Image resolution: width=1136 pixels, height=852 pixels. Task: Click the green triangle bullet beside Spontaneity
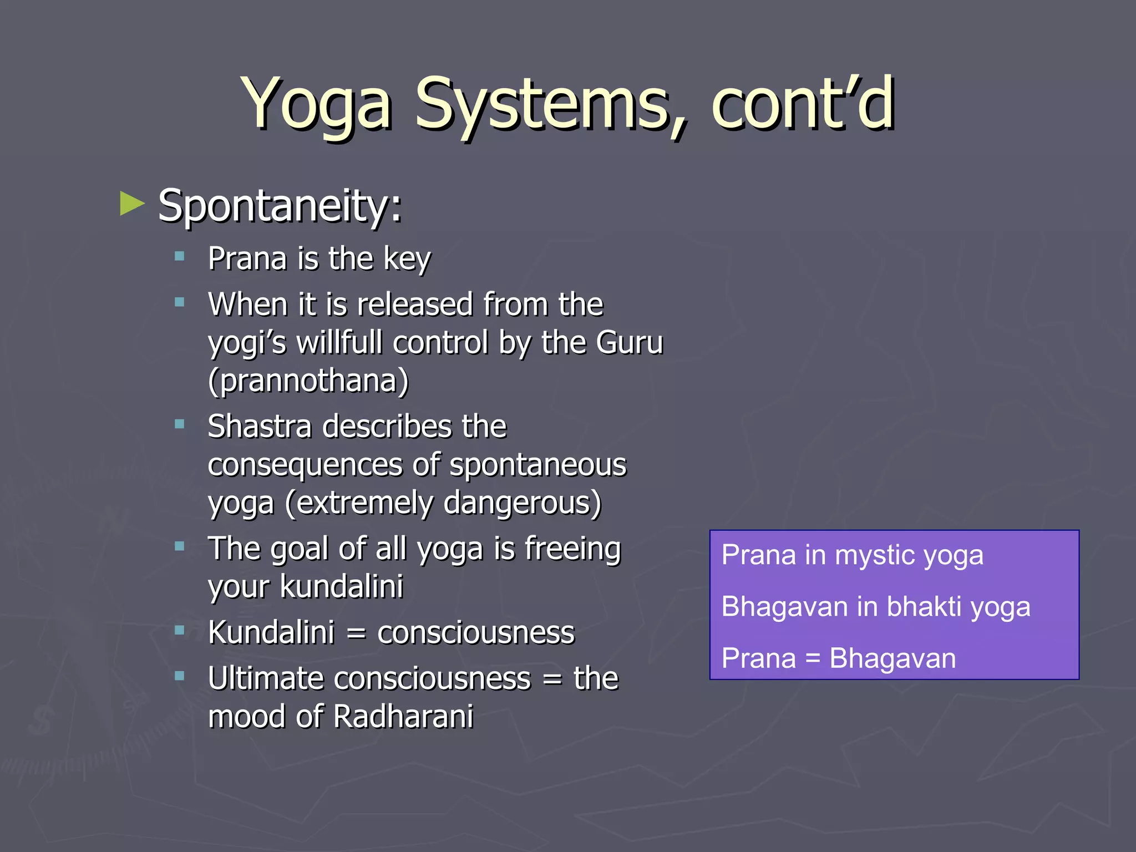[132, 204]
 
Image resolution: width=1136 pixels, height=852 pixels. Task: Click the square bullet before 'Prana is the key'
[179, 256]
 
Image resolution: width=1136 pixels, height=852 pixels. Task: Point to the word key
[407, 260]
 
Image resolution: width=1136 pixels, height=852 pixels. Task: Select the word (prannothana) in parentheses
[308, 381]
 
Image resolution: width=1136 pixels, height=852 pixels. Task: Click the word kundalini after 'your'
[341, 586]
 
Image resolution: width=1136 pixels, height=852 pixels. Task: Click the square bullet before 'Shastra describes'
[179, 425]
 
